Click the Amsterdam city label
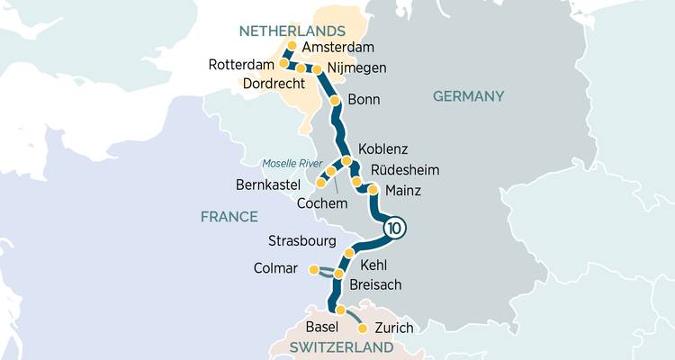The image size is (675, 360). [x=338, y=48]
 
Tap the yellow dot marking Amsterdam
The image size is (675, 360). [x=291, y=45]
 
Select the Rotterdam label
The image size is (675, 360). [x=239, y=65]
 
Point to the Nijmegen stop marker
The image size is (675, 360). [x=317, y=68]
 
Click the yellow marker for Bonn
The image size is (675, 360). [x=335, y=100]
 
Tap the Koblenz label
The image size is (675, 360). [x=382, y=148]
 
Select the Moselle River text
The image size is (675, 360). [x=291, y=163]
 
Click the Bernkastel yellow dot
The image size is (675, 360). [x=320, y=183]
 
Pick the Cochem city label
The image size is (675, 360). [x=321, y=204]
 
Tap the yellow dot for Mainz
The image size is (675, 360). [x=373, y=190]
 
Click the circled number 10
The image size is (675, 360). [x=393, y=229]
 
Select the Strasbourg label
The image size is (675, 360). [x=302, y=241]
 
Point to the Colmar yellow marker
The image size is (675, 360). [x=313, y=269]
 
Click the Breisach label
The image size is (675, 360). [x=375, y=284]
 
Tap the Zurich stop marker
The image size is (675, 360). [x=363, y=328]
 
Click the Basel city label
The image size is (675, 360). [x=321, y=326]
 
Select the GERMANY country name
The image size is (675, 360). [x=468, y=96]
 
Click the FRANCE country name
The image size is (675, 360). [x=229, y=217]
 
